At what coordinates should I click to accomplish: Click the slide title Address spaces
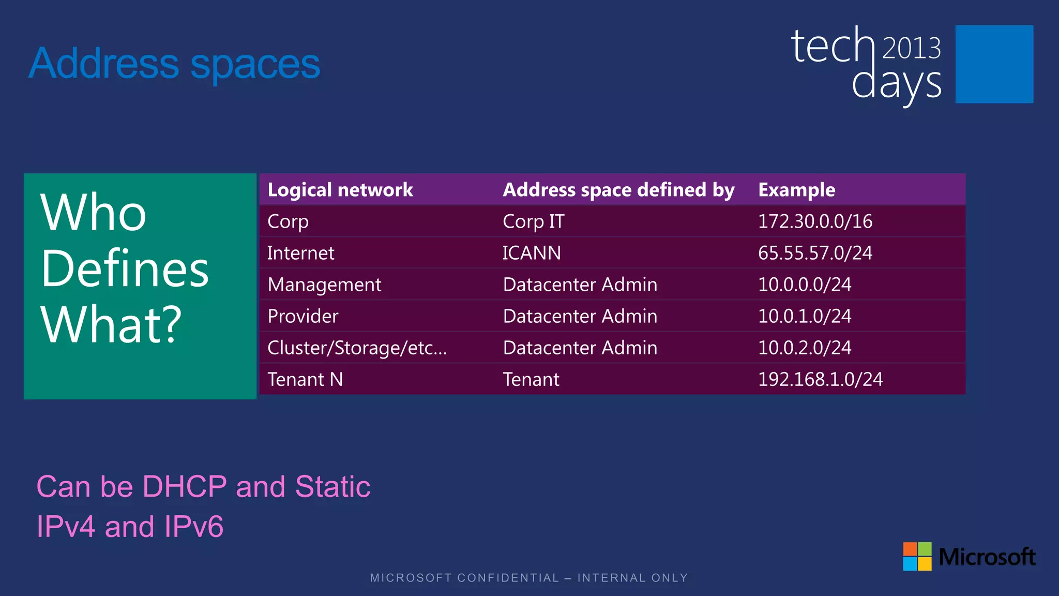[x=175, y=64]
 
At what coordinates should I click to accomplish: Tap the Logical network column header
[x=340, y=190]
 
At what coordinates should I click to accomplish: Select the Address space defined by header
[x=618, y=190]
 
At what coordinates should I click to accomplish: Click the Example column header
[x=796, y=190]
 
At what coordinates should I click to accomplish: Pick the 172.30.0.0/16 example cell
[x=815, y=221]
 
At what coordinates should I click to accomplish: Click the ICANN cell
[x=532, y=253]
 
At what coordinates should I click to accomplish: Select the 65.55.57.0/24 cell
[x=815, y=253]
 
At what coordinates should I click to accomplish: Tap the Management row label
[x=324, y=285]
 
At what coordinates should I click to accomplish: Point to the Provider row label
[x=303, y=316]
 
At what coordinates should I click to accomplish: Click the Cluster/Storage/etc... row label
[x=357, y=348]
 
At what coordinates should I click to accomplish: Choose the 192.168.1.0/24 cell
[x=820, y=379]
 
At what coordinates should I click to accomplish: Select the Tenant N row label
[x=305, y=379]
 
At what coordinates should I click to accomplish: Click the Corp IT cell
[x=533, y=221]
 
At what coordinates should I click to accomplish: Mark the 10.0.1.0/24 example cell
[x=805, y=316]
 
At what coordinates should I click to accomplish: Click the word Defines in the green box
[x=125, y=269]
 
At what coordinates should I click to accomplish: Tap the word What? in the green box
[x=112, y=324]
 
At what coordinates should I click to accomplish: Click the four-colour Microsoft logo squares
[x=917, y=556]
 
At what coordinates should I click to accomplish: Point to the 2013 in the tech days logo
[x=911, y=48]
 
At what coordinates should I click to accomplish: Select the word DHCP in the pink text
[x=185, y=486]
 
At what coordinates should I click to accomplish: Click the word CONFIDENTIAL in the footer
[x=508, y=578]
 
